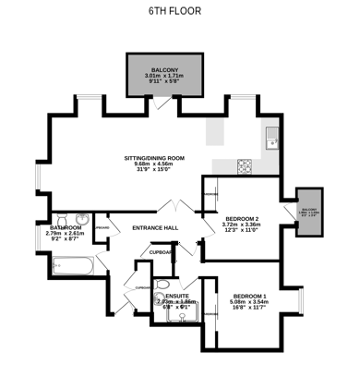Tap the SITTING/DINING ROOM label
click(x=154, y=158)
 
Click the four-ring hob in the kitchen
click(x=245, y=166)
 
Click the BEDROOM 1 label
click(x=248, y=294)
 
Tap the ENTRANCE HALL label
click(x=155, y=228)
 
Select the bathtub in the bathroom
click(x=72, y=267)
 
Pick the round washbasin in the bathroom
click(x=80, y=222)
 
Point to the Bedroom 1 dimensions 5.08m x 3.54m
click(x=248, y=302)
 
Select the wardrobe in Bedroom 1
click(x=210, y=314)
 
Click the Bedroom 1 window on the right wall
click(x=301, y=301)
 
